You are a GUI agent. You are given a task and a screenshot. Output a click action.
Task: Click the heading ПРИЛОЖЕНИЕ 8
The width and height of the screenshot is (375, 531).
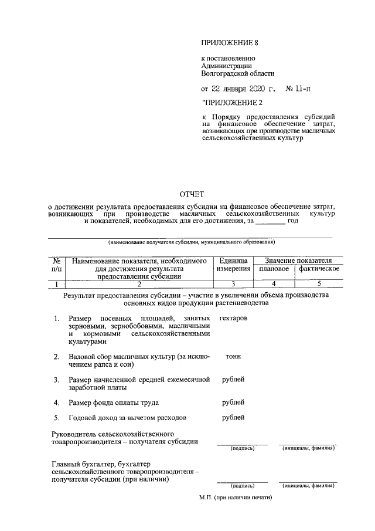229,43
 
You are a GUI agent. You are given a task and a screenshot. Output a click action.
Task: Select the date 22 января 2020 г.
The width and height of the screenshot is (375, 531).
238,89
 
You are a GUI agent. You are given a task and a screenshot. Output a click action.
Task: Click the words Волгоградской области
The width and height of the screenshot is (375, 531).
237,74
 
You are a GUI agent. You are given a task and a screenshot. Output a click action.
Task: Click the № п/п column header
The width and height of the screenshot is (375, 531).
56,264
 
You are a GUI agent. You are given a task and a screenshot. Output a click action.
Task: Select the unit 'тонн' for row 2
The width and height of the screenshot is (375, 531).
233,356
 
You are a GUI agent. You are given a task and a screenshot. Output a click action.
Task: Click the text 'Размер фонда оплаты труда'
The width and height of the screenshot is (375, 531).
114,403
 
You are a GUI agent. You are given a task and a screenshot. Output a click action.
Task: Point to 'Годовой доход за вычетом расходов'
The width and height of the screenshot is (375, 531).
127,418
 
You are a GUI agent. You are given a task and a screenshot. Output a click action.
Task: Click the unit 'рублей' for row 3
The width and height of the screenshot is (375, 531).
233,380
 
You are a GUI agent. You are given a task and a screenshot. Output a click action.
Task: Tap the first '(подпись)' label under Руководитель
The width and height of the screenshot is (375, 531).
242,448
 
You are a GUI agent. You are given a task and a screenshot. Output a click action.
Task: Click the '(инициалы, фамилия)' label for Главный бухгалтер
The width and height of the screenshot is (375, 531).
308,486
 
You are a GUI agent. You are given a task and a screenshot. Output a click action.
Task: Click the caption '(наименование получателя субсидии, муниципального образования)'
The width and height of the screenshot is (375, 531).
174,242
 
